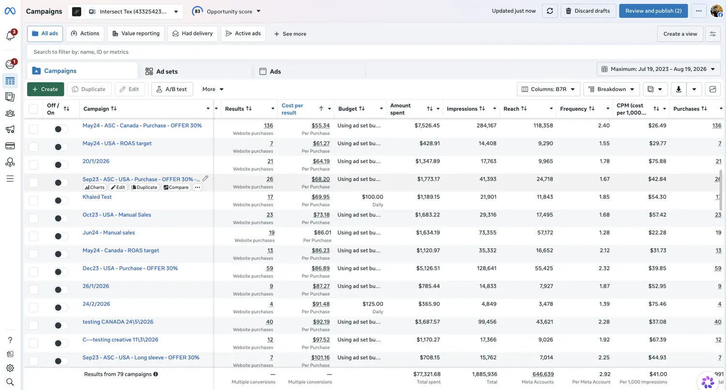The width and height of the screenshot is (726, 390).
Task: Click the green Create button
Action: point(45,89)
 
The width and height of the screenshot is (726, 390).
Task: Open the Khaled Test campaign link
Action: point(97,197)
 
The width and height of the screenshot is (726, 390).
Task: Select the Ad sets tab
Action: point(161,71)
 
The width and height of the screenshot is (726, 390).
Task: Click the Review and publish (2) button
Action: point(653,11)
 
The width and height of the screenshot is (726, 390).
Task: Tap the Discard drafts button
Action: point(588,11)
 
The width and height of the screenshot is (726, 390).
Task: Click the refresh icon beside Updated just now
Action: point(550,11)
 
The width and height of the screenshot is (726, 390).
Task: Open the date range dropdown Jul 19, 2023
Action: point(658,69)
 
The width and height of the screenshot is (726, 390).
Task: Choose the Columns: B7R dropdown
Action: point(548,89)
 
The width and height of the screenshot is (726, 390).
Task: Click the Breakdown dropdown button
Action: point(611,89)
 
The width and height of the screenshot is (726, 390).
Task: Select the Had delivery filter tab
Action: point(193,34)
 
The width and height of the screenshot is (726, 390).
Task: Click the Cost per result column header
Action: point(292,109)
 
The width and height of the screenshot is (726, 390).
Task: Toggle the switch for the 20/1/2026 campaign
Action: point(60,165)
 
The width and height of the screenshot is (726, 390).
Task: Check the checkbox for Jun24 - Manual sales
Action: point(33,236)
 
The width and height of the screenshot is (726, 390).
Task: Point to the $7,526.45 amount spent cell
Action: point(427,126)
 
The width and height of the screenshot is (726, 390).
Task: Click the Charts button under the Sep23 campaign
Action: point(95,187)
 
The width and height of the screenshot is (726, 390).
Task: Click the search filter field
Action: point(373,52)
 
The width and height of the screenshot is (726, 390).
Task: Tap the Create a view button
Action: point(680,34)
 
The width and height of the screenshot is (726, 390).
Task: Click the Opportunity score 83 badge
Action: point(197,11)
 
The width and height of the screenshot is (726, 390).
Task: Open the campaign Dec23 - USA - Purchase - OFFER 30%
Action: point(130,268)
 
